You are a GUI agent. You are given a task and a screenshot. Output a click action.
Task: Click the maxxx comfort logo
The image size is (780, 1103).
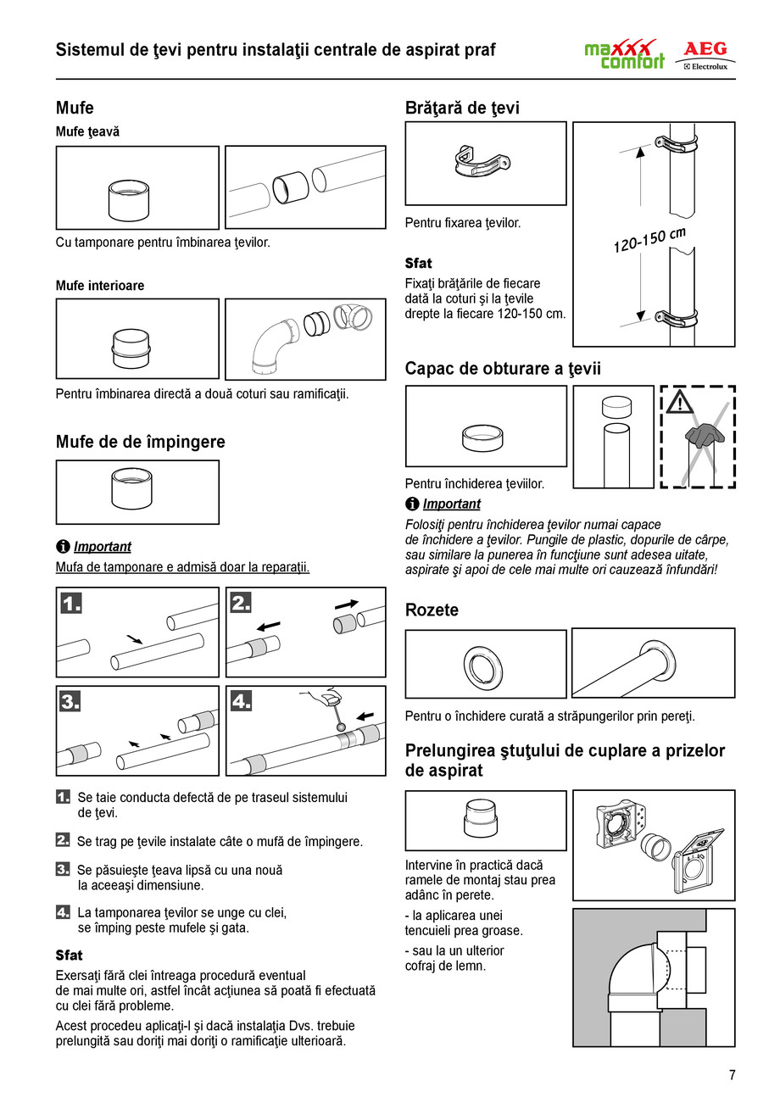pyautogui.click(x=624, y=55)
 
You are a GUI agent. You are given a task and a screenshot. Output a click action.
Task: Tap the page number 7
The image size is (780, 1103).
pyautogui.click(x=733, y=1075)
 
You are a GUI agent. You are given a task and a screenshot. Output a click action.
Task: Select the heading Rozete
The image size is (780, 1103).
pyautogui.click(x=432, y=610)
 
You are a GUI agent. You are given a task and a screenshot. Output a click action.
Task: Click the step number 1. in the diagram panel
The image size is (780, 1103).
pyautogui.click(x=72, y=604)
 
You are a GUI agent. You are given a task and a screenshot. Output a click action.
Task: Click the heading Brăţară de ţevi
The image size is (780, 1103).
pyautogui.click(x=462, y=108)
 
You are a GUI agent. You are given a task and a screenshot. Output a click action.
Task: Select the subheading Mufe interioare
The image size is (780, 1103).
pyautogui.click(x=100, y=286)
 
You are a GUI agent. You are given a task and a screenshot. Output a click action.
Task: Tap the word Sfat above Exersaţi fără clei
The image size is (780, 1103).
pyautogui.click(x=69, y=955)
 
